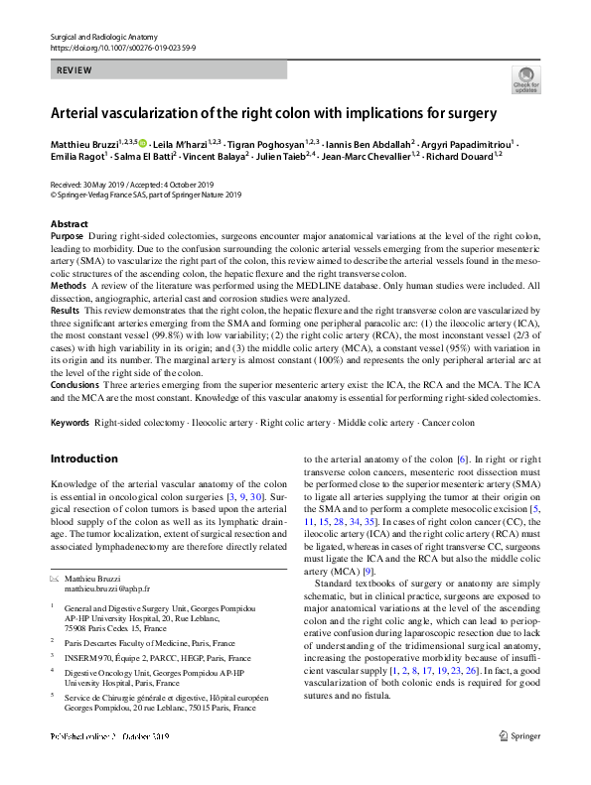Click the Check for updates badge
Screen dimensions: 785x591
(x=525, y=79)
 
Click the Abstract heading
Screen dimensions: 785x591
(x=69, y=224)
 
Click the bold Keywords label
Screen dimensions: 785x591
(x=70, y=423)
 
